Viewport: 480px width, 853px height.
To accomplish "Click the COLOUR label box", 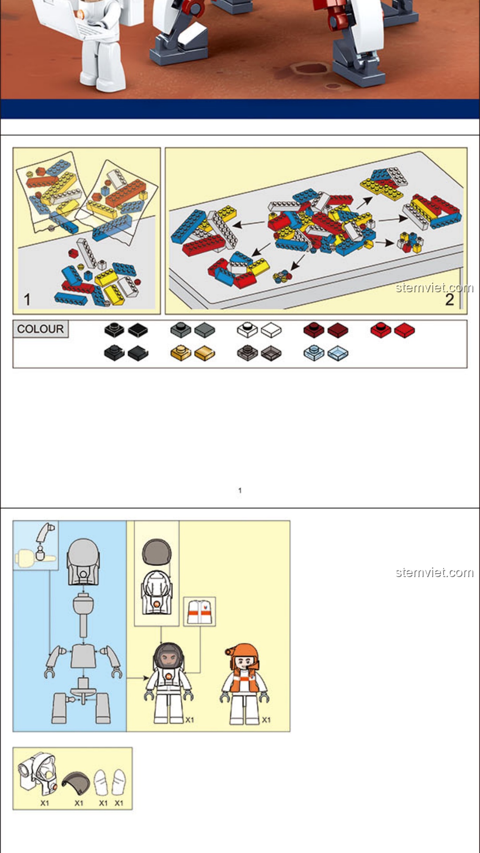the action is pyautogui.click(x=40, y=329).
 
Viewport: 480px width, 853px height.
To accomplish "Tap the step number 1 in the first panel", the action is pyautogui.click(x=27, y=299).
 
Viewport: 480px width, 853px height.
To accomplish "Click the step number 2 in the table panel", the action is pyautogui.click(x=450, y=299).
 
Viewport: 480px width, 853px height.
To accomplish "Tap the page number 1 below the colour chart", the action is pyautogui.click(x=240, y=490).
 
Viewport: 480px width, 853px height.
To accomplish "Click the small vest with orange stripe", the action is pyautogui.click(x=200, y=612).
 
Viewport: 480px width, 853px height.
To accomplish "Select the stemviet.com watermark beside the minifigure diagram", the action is pyautogui.click(x=434, y=572).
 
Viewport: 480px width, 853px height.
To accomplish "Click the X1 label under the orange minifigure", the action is pyautogui.click(x=266, y=720).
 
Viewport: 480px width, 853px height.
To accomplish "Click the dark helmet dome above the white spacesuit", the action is pyautogui.click(x=156, y=552).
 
